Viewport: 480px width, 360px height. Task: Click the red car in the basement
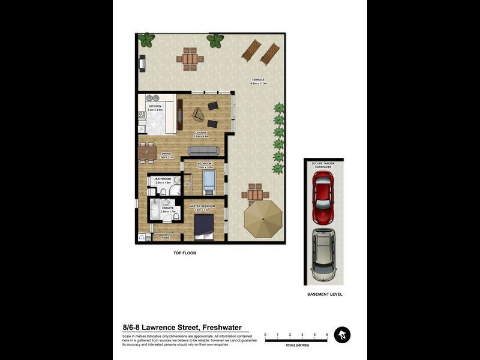pos(322,196)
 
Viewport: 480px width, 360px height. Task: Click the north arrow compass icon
pos(342,335)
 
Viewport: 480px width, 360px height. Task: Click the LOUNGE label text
pos(200,133)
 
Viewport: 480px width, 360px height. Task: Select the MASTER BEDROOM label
pos(202,206)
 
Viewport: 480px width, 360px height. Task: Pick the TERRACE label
pos(259,80)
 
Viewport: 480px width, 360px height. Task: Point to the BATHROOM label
pos(163,179)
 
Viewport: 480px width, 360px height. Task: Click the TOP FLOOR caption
pos(185,253)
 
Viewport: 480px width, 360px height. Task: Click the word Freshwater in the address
pos(222,328)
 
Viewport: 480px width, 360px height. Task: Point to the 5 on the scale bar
pos(327,334)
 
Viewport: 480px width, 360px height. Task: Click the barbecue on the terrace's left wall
pos(143,62)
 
